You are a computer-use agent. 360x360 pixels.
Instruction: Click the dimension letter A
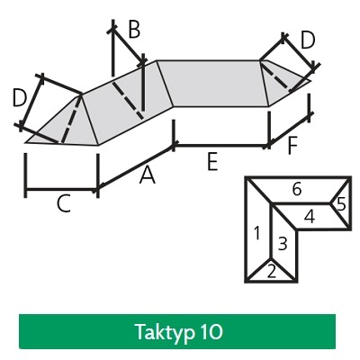(x=148, y=175)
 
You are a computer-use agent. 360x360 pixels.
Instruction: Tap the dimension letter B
(x=134, y=30)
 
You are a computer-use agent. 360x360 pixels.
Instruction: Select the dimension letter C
(x=64, y=203)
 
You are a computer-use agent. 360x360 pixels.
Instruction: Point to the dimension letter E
(x=212, y=162)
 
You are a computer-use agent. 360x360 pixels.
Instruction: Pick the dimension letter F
(x=292, y=146)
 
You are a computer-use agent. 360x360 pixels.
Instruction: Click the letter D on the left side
(x=20, y=99)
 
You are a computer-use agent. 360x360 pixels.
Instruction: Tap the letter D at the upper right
(x=308, y=40)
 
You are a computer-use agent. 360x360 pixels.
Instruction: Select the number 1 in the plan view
(x=256, y=233)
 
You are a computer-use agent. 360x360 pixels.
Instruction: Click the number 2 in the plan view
(x=271, y=272)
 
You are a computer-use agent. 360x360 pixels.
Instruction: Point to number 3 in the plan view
(x=283, y=243)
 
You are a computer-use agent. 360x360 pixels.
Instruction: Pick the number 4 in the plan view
(x=310, y=217)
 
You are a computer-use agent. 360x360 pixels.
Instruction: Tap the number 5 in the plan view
(x=341, y=204)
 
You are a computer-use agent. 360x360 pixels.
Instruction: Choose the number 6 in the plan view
(x=297, y=190)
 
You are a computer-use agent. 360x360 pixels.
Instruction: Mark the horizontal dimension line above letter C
(x=61, y=190)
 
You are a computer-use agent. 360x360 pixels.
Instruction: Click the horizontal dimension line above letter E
(x=221, y=146)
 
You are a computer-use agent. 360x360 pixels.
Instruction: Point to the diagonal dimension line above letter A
(x=136, y=166)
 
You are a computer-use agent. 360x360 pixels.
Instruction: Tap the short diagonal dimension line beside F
(x=289, y=130)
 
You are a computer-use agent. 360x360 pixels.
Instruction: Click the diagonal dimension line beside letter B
(x=128, y=46)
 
